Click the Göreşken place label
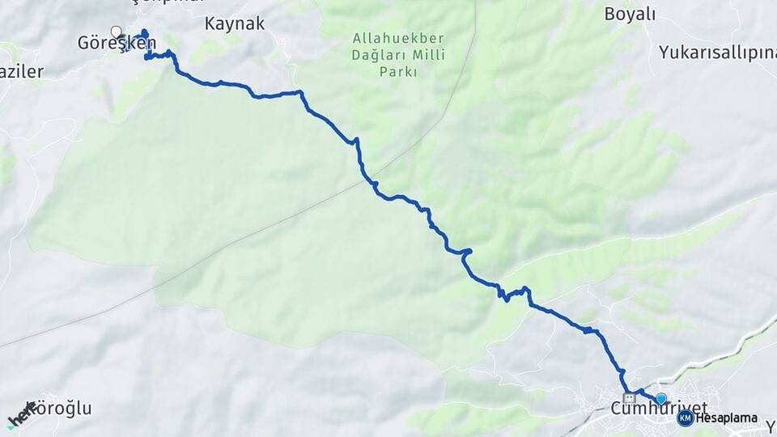pyautogui.click(x=117, y=43)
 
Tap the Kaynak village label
pyautogui.click(x=235, y=23)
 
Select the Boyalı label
pyautogui.click(x=631, y=14)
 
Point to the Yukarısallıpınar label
pyautogui.click(x=717, y=53)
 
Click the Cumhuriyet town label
pyautogui.click(x=659, y=407)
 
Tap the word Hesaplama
pyautogui.click(x=727, y=418)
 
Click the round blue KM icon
pyautogui.click(x=686, y=418)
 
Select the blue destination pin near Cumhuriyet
pyautogui.click(x=661, y=398)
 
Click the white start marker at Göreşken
pyautogui.click(x=117, y=32)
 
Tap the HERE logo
pyautogui.click(x=21, y=414)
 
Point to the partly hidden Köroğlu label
pyautogui.click(x=62, y=409)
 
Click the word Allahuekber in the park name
pyautogui.click(x=385, y=38)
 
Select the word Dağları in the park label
pyautogui.click(x=373, y=55)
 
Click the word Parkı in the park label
pyautogui.click(x=397, y=72)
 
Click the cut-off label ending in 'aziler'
pyautogui.click(x=21, y=72)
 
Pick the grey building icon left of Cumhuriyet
pyautogui.click(x=629, y=398)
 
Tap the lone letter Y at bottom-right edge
pyautogui.click(x=771, y=426)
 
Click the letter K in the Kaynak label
pyautogui.click(x=210, y=23)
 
